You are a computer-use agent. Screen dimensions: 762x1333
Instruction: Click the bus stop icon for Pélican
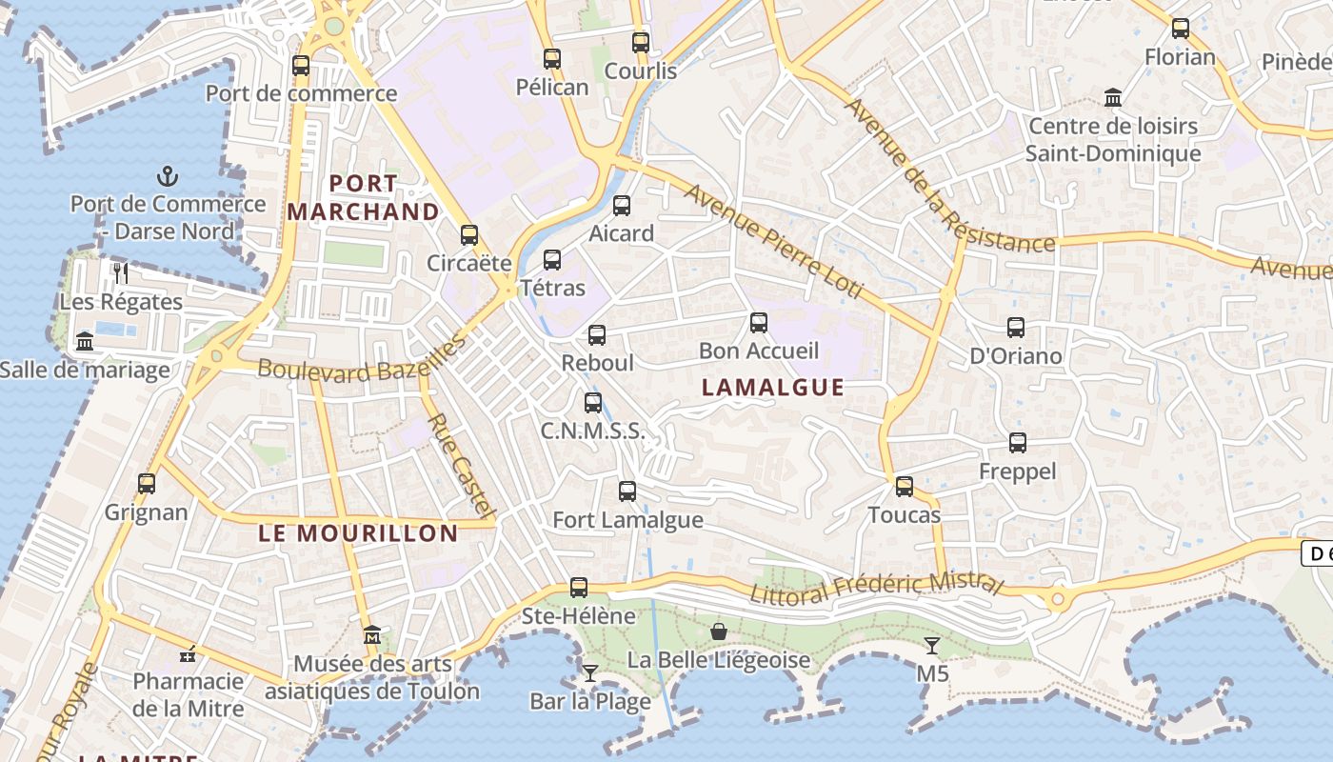[x=552, y=58]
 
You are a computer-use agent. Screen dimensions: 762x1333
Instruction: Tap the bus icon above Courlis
[x=641, y=42]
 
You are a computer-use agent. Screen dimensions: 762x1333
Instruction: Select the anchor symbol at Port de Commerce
[x=168, y=176]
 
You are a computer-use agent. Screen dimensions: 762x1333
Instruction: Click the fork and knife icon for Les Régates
[x=120, y=273]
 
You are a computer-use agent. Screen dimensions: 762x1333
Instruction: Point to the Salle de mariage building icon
[x=85, y=341]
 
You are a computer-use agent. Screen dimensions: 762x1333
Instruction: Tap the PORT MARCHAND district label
[x=364, y=197]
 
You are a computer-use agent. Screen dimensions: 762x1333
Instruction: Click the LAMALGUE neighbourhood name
[x=772, y=387]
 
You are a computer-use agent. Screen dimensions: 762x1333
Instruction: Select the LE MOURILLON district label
[x=358, y=533]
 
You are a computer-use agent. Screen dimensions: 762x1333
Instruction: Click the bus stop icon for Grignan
[x=147, y=483]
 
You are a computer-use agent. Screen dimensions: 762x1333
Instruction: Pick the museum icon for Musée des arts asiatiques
[x=372, y=635]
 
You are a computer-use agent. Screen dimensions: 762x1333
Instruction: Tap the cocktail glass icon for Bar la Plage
[x=590, y=673]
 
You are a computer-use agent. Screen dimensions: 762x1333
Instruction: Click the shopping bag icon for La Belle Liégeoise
[x=719, y=632]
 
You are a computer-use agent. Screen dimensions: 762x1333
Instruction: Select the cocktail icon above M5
[x=932, y=646]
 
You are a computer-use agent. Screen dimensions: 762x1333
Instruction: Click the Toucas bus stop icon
[x=905, y=487]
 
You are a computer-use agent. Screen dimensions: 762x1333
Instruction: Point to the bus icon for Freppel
[x=1018, y=443]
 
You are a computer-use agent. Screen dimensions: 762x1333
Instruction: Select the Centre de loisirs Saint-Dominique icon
[x=1113, y=97]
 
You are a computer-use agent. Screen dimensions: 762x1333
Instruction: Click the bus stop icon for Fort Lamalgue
[x=627, y=491]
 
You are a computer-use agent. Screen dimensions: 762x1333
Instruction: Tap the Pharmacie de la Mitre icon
[x=189, y=654]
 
